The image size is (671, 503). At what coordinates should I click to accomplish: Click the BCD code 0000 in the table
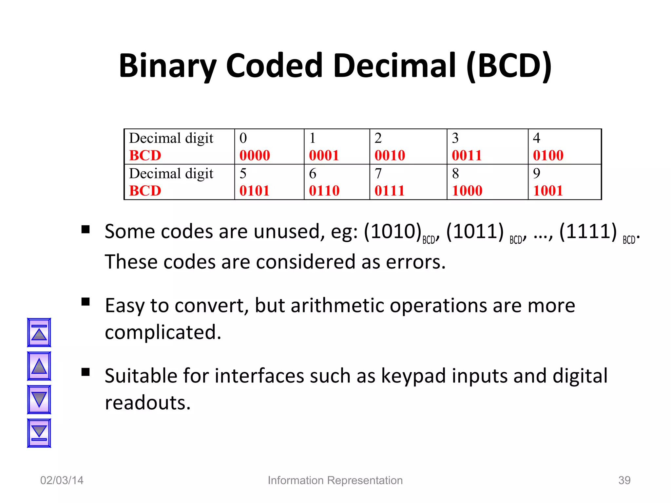pyautogui.click(x=255, y=155)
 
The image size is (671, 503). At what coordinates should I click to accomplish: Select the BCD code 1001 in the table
pyautogui.click(x=548, y=191)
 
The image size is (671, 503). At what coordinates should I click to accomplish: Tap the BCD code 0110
pyautogui.click(x=324, y=191)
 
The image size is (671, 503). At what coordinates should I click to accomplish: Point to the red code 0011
pyautogui.click(x=467, y=155)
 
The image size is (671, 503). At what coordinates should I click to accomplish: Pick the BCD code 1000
pyautogui.click(x=467, y=191)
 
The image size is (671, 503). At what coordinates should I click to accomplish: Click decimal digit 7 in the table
pyautogui.click(x=378, y=173)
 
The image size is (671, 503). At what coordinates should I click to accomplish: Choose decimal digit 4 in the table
pyautogui.click(x=536, y=138)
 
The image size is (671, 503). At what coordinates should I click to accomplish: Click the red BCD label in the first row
pyautogui.click(x=145, y=155)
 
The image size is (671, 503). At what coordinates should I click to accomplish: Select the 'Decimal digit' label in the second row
pyautogui.click(x=171, y=173)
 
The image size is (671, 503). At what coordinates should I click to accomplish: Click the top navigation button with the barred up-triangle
pyautogui.click(x=39, y=332)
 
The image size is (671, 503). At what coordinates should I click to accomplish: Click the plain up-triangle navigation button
pyautogui.click(x=39, y=366)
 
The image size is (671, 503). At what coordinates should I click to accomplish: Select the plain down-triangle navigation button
pyautogui.click(x=39, y=400)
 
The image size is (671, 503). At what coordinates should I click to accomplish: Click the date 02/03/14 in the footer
pyautogui.click(x=62, y=480)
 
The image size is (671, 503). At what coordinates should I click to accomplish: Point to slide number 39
pyautogui.click(x=624, y=480)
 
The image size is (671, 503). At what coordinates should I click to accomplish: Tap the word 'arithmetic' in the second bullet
pyautogui.click(x=337, y=306)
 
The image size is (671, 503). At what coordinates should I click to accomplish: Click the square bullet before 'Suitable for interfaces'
pyautogui.click(x=86, y=372)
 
